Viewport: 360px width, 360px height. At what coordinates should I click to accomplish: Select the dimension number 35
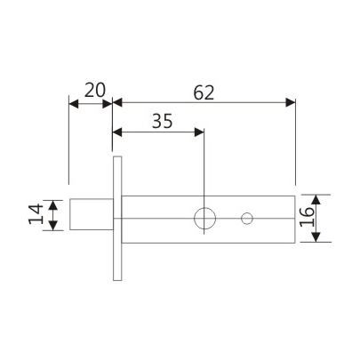coord(160,121)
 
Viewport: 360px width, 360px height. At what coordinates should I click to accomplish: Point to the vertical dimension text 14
coord(35,215)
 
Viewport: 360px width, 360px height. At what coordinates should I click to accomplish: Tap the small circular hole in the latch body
coord(248,218)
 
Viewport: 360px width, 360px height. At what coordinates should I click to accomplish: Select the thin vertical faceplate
coord(116,219)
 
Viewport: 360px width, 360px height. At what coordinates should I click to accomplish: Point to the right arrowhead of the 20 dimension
coord(108,104)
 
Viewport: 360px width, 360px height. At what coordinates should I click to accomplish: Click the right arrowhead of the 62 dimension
coord(290,104)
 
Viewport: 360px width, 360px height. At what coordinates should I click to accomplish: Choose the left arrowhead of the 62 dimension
coord(118,104)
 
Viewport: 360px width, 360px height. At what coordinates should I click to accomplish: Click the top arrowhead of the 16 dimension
coord(322,199)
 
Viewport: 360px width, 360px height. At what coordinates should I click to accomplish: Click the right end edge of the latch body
coord(294,219)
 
